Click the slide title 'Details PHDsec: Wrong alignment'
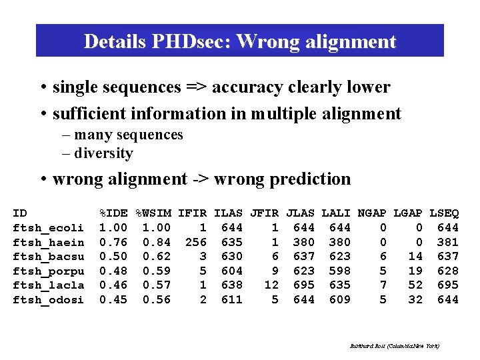[240, 41]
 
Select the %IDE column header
[113, 213]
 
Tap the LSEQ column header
[444, 213]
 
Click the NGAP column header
[372, 213]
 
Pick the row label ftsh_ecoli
[49, 228]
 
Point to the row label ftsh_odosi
[49, 300]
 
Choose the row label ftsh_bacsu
[49, 257]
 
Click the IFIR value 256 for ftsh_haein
[195, 243]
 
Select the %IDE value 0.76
[113, 243]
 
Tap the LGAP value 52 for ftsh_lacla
[415, 285]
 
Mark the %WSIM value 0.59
[157, 271]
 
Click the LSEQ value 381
[447, 243]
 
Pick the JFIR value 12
[271, 285]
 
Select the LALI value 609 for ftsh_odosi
[339, 300]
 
